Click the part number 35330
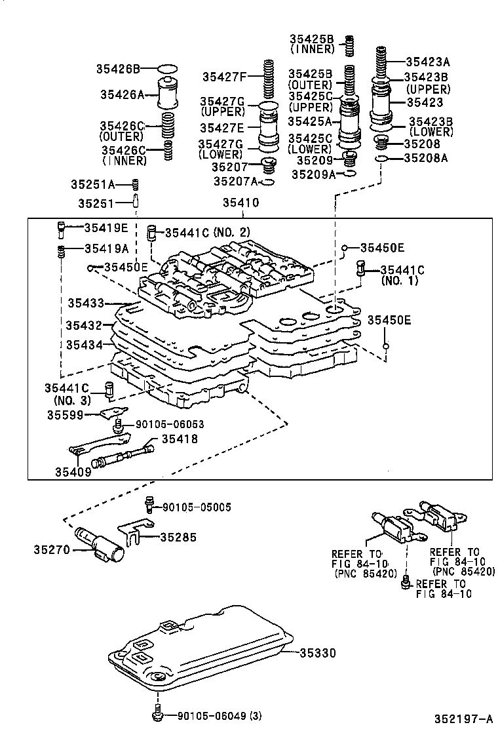coord(318,653)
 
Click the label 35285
coord(177,538)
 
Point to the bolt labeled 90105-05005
coord(150,505)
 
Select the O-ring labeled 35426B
coord(168,68)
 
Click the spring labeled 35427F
coord(268,77)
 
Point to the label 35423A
coord(428,62)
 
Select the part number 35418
coord(180,439)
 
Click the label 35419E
coord(106,227)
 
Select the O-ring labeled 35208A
coord(380,158)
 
